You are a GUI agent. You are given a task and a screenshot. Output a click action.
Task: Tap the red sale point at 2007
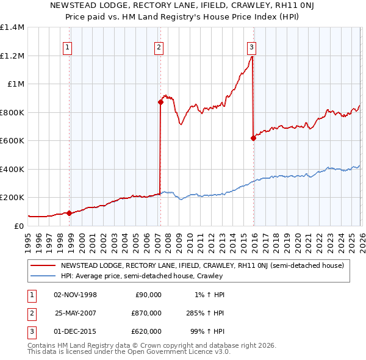point(161,103)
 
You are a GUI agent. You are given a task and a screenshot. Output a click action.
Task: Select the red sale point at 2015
point(253,138)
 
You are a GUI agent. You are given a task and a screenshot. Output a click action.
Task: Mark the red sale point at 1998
point(69,213)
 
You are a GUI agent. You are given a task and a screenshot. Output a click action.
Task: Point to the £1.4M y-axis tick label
point(12,27)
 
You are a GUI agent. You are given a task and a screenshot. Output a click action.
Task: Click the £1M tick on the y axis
point(15,84)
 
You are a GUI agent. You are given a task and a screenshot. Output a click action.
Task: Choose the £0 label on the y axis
point(18,226)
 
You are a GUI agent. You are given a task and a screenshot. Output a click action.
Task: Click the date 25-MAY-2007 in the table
point(76,313)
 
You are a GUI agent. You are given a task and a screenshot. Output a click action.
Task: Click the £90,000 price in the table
point(147,295)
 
